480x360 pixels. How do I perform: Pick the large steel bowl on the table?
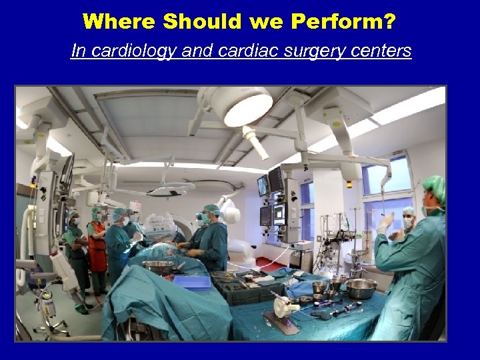coord(360,288)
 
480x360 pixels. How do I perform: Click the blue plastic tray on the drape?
coord(191,281)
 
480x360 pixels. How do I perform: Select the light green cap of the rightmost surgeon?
coord(435,188)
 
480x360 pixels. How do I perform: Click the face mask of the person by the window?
coord(407,223)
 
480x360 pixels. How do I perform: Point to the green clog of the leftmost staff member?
coord(81,309)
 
